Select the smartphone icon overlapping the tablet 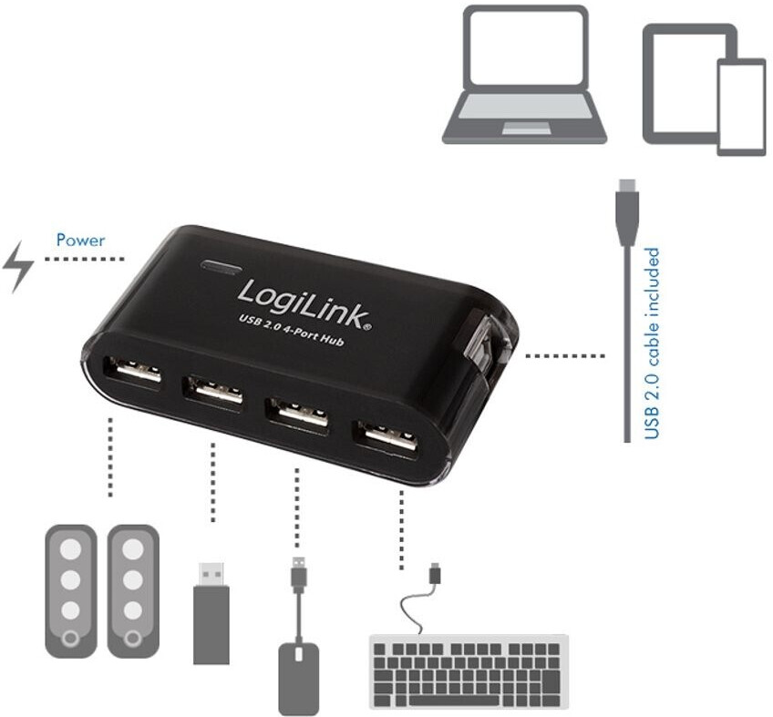(740, 107)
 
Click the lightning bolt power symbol (19, 267)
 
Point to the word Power (80, 241)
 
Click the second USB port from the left (213, 390)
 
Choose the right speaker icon (133, 590)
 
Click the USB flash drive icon (211, 611)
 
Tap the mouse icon (299, 675)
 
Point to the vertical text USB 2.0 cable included (652, 343)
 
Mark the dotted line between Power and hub (84, 260)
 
